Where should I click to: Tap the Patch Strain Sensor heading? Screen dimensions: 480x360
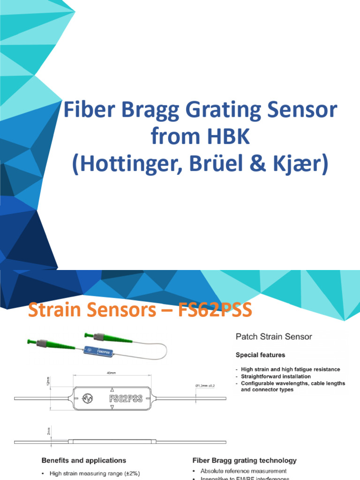tap(273, 337)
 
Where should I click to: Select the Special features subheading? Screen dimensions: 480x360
tap(260, 355)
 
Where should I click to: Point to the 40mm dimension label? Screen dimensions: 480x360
tap(111, 374)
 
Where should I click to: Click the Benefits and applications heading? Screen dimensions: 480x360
tap(84, 460)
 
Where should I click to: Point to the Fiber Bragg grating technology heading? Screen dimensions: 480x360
tap(245, 461)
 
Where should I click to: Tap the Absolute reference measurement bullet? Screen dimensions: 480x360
tap(243, 471)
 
